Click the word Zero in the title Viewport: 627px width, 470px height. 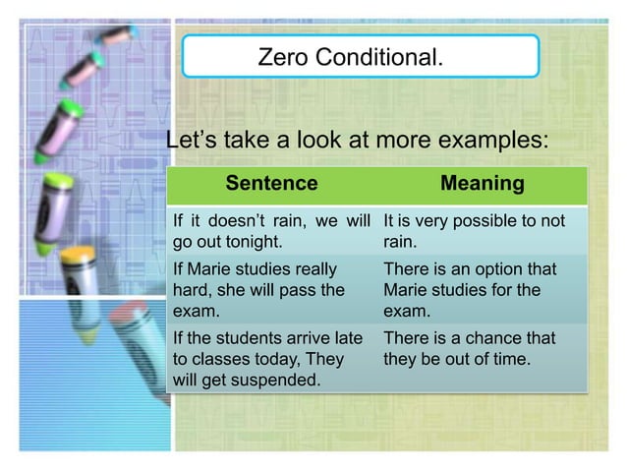(281, 58)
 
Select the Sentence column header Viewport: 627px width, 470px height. (271, 184)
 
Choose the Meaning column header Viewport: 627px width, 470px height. (482, 184)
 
